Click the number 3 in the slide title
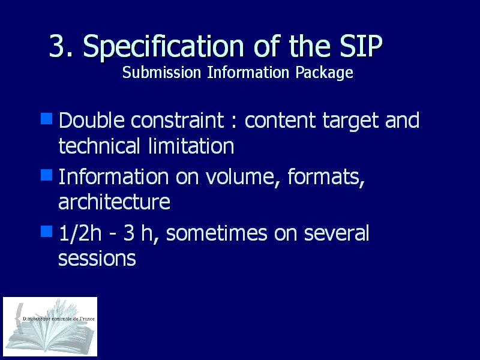[57, 46]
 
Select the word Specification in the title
[163, 47]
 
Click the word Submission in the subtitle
[161, 72]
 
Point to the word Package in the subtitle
[324, 73]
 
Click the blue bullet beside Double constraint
[47, 119]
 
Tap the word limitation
[191, 146]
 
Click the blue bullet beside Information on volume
[47, 175]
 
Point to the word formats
[326, 177]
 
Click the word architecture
[114, 202]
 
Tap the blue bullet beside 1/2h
[47, 232]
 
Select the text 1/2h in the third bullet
[80, 233]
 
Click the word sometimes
[217, 233]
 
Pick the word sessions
[97, 259]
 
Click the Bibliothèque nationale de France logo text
[58, 319]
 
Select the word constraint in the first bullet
[178, 120]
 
